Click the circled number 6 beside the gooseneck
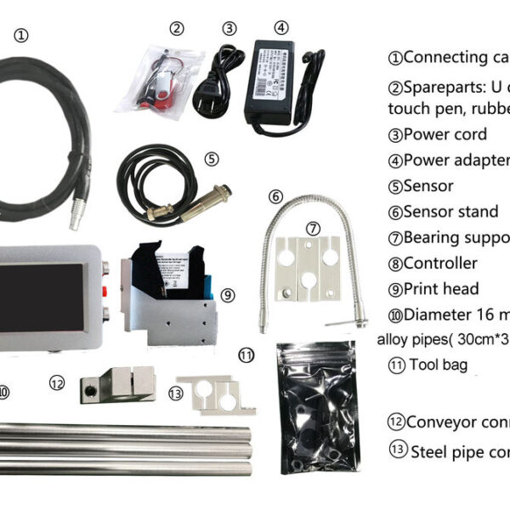click(275, 196)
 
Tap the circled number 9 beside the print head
click(228, 295)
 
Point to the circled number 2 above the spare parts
click(176, 28)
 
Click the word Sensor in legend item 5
click(428, 186)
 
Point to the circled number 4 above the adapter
click(282, 28)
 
